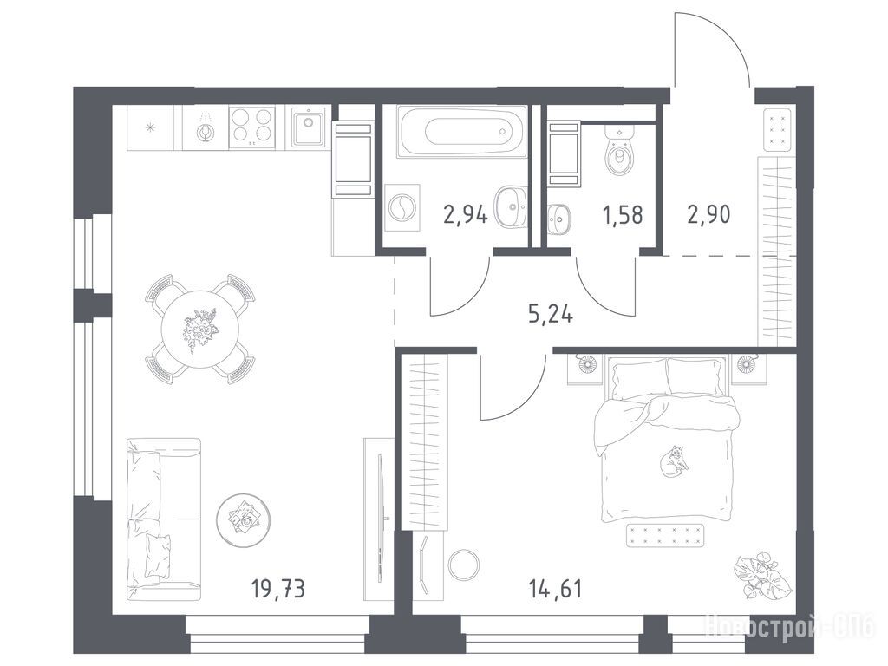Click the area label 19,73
point(278,589)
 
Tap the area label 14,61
point(555,589)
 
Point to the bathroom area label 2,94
point(466,215)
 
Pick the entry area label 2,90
point(708,215)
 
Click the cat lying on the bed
point(673,460)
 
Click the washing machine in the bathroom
point(402,207)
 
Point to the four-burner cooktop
point(252,127)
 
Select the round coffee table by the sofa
point(243,520)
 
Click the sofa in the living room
point(163,519)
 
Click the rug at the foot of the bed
point(665,535)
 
